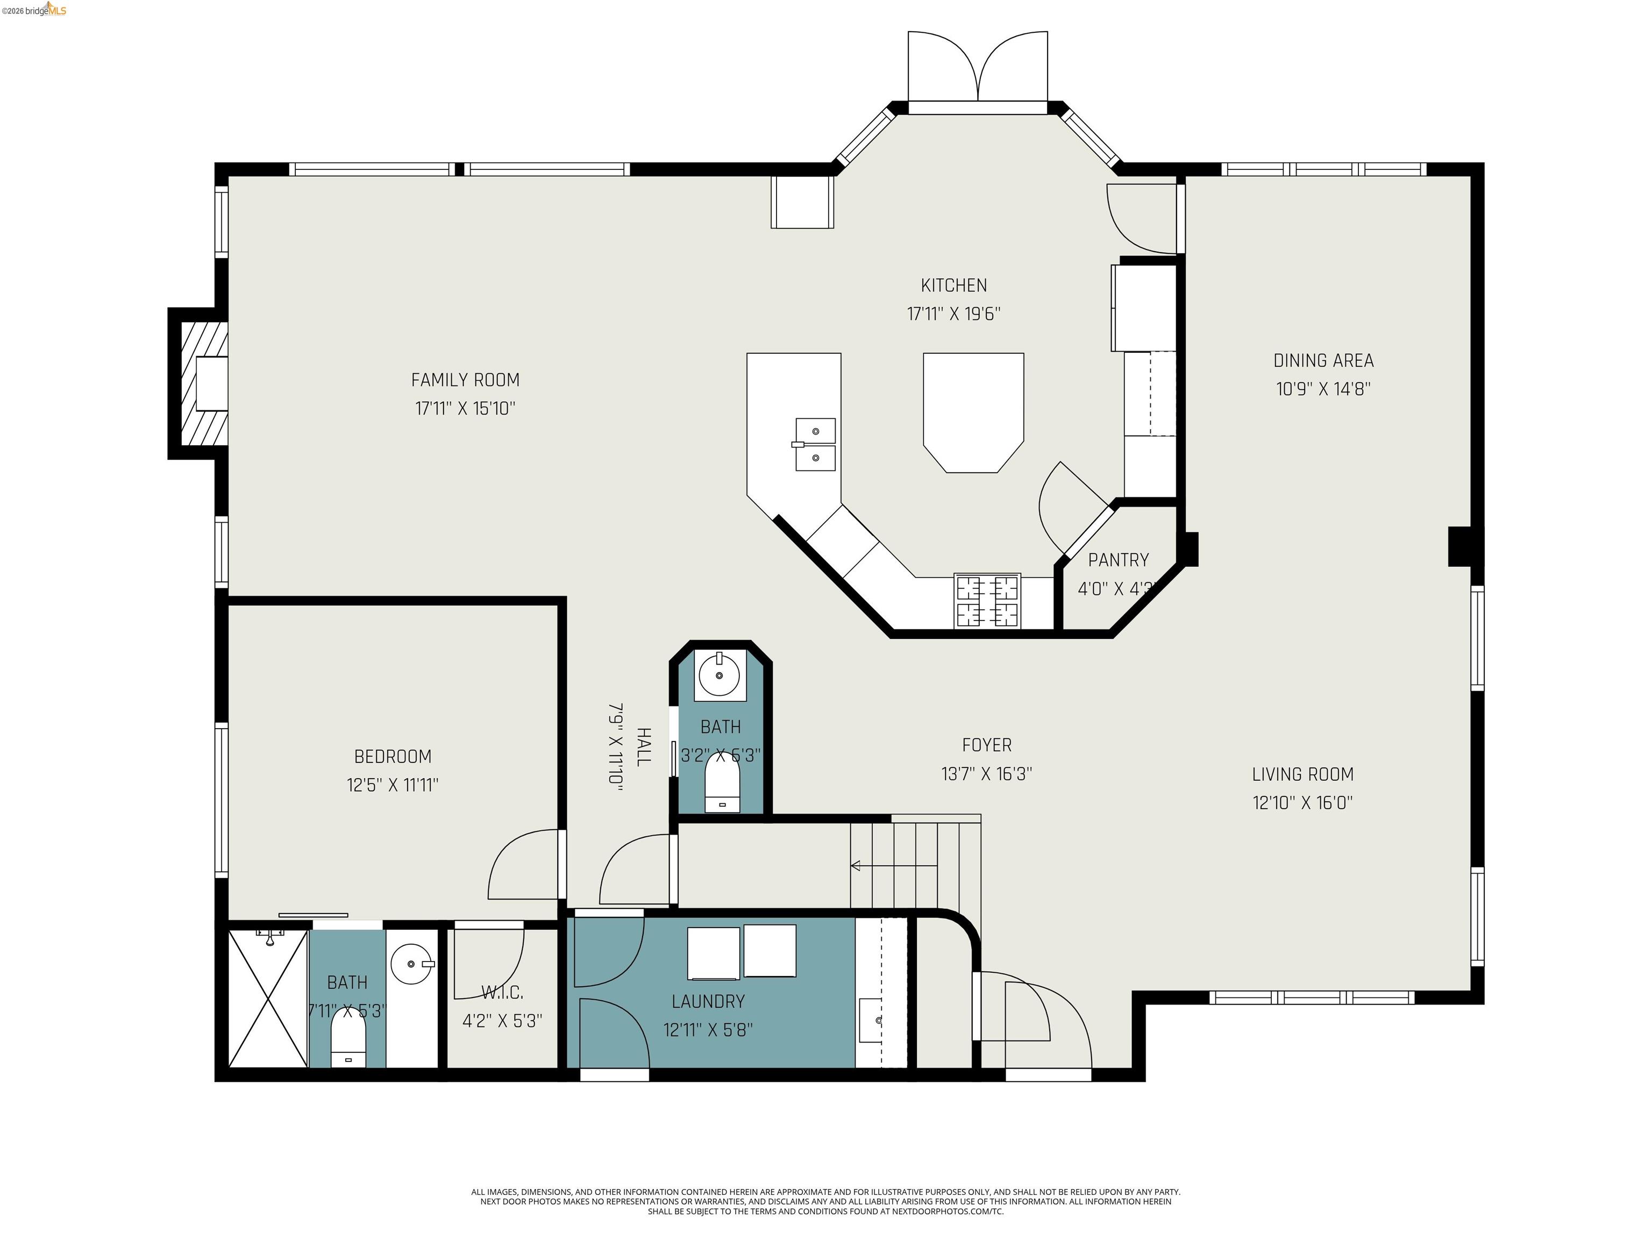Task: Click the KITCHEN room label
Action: click(953, 286)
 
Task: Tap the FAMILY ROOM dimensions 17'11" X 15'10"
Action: click(465, 409)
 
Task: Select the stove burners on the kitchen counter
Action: click(987, 601)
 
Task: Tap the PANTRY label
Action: click(1118, 560)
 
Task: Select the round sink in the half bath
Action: click(719, 675)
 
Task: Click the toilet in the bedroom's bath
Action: click(348, 1041)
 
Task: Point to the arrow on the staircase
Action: click(857, 866)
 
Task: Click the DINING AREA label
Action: click(1323, 361)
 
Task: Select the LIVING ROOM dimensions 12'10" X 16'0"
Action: click(1302, 803)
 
